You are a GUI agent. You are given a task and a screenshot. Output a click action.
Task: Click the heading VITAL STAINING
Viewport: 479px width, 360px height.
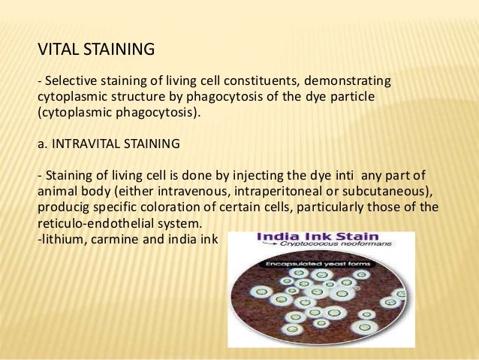tap(96, 50)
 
